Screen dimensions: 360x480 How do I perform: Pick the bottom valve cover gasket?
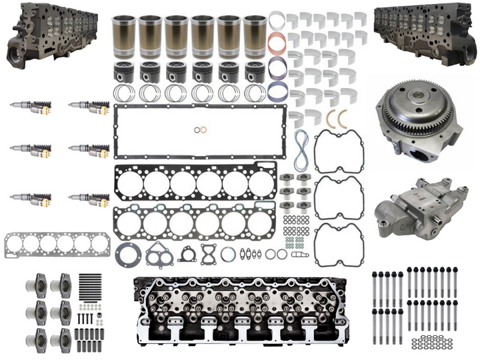pos(338,243)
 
